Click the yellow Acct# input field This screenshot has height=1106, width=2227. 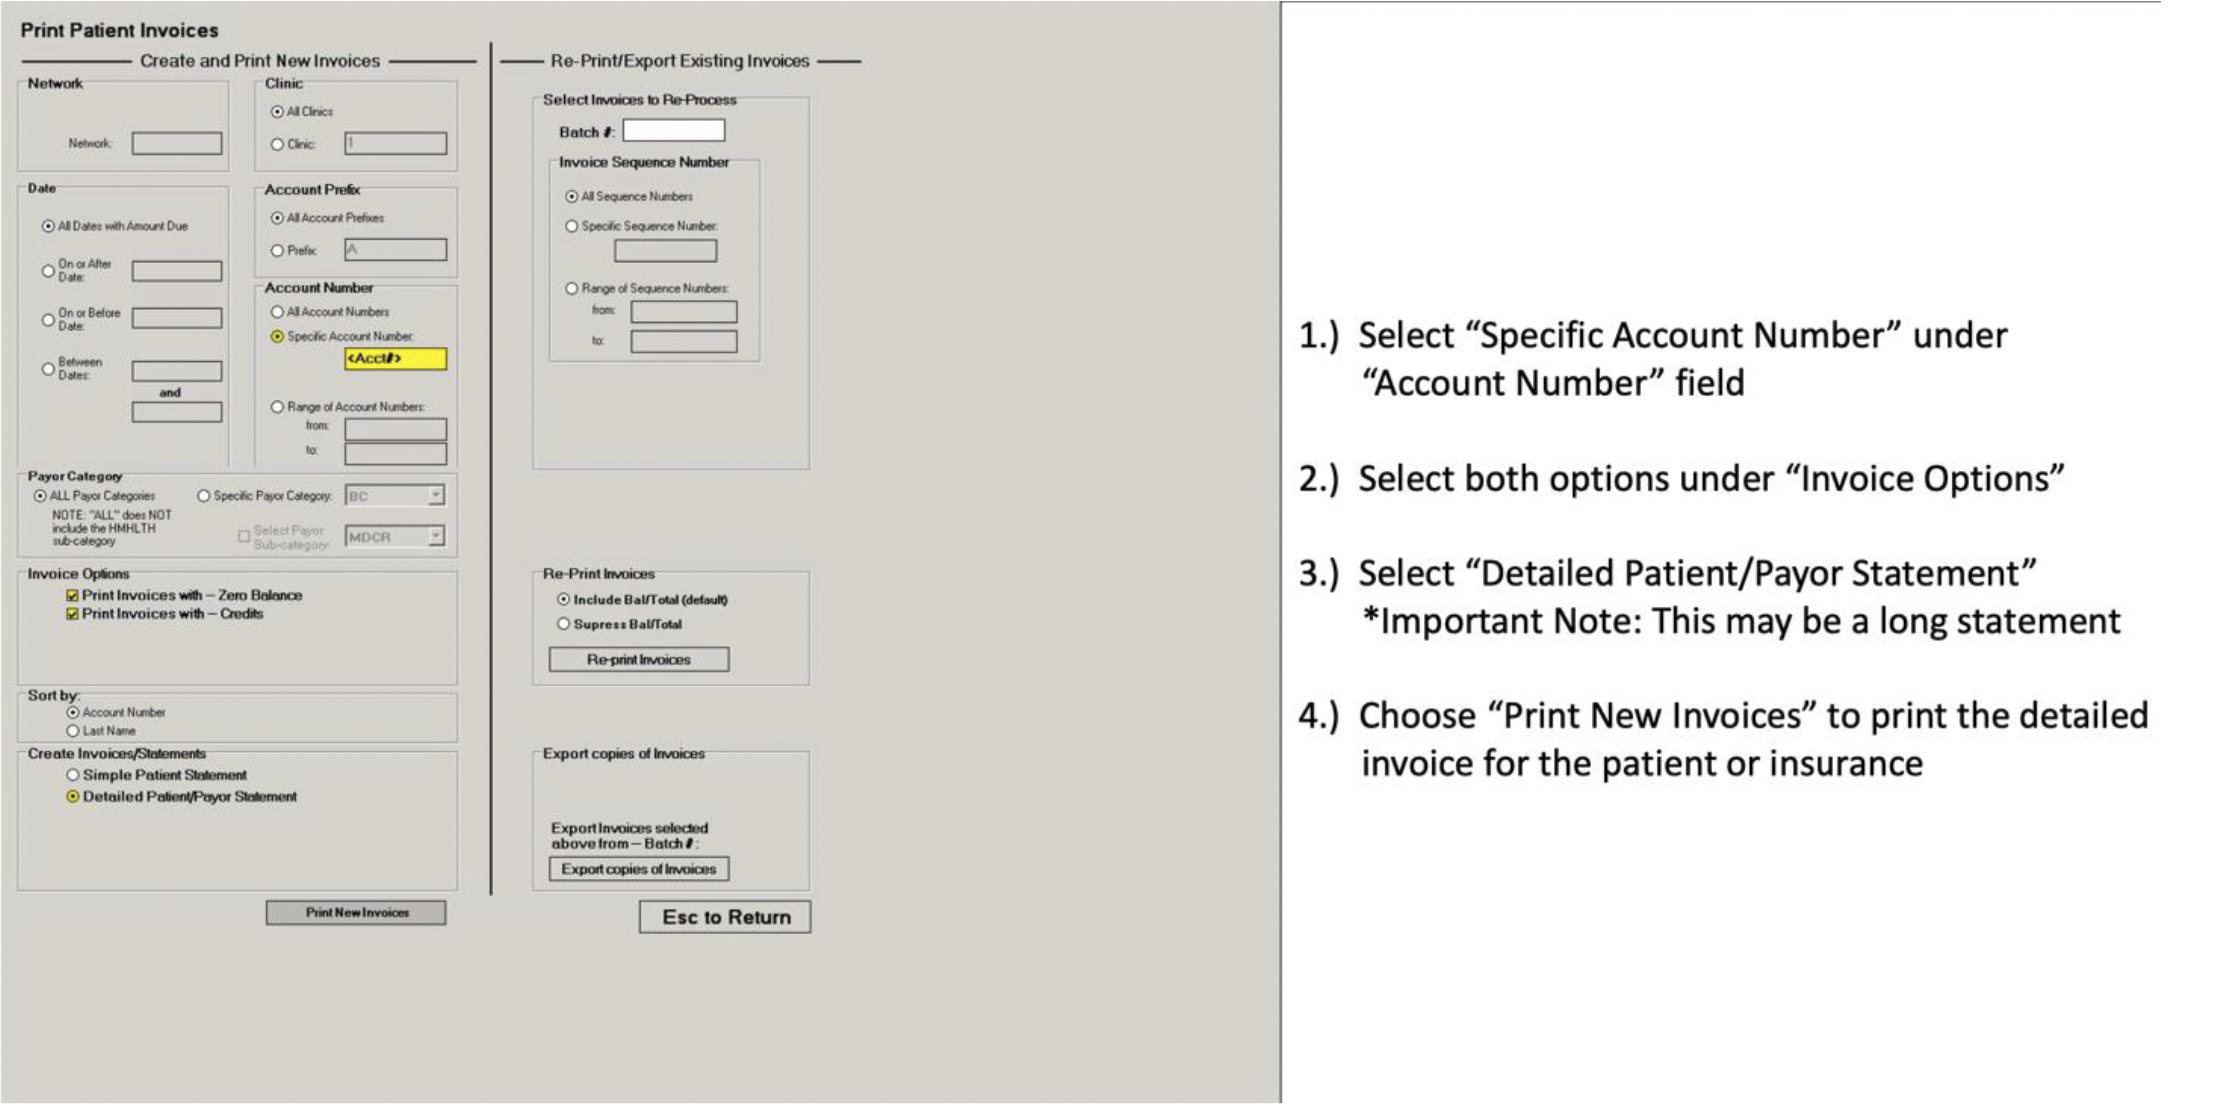(x=395, y=358)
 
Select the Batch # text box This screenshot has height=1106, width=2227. (x=673, y=131)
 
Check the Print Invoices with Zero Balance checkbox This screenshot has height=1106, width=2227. (x=73, y=595)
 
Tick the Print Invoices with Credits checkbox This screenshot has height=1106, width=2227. (x=73, y=614)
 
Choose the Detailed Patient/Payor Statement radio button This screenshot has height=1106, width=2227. (x=74, y=796)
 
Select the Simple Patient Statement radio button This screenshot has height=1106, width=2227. (x=74, y=775)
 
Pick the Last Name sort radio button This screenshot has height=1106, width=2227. (x=74, y=731)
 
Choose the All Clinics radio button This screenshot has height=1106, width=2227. (x=278, y=112)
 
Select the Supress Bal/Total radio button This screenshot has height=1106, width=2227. (x=563, y=624)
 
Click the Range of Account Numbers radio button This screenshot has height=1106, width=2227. (x=278, y=407)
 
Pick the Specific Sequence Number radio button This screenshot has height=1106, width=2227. (x=571, y=226)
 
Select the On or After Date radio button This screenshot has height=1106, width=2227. (x=49, y=271)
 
